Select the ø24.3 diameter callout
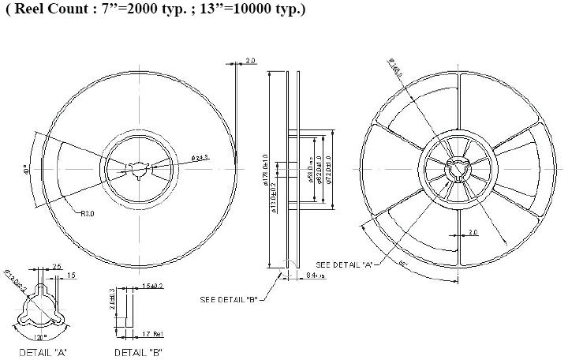click(x=200, y=158)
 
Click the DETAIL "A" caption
click(x=40, y=351)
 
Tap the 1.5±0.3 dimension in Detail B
click(x=151, y=286)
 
